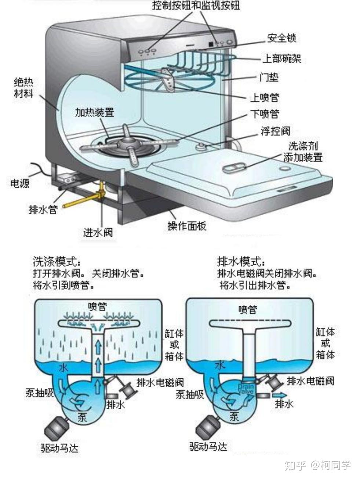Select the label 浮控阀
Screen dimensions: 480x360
pyautogui.click(x=275, y=131)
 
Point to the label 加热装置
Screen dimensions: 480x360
pyautogui.click(x=94, y=112)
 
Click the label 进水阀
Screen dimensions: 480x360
pyautogui.click(x=98, y=232)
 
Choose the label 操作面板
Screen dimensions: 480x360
pyautogui.click(x=187, y=226)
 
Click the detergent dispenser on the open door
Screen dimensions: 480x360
pyautogui.click(x=233, y=168)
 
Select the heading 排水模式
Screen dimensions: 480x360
pyautogui.click(x=241, y=262)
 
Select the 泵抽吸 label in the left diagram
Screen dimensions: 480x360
pyautogui.click(x=39, y=393)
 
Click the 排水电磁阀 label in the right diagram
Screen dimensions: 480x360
pyautogui.click(x=310, y=381)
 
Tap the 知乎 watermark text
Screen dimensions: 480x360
pyautogui.click(x=295, y=465)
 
